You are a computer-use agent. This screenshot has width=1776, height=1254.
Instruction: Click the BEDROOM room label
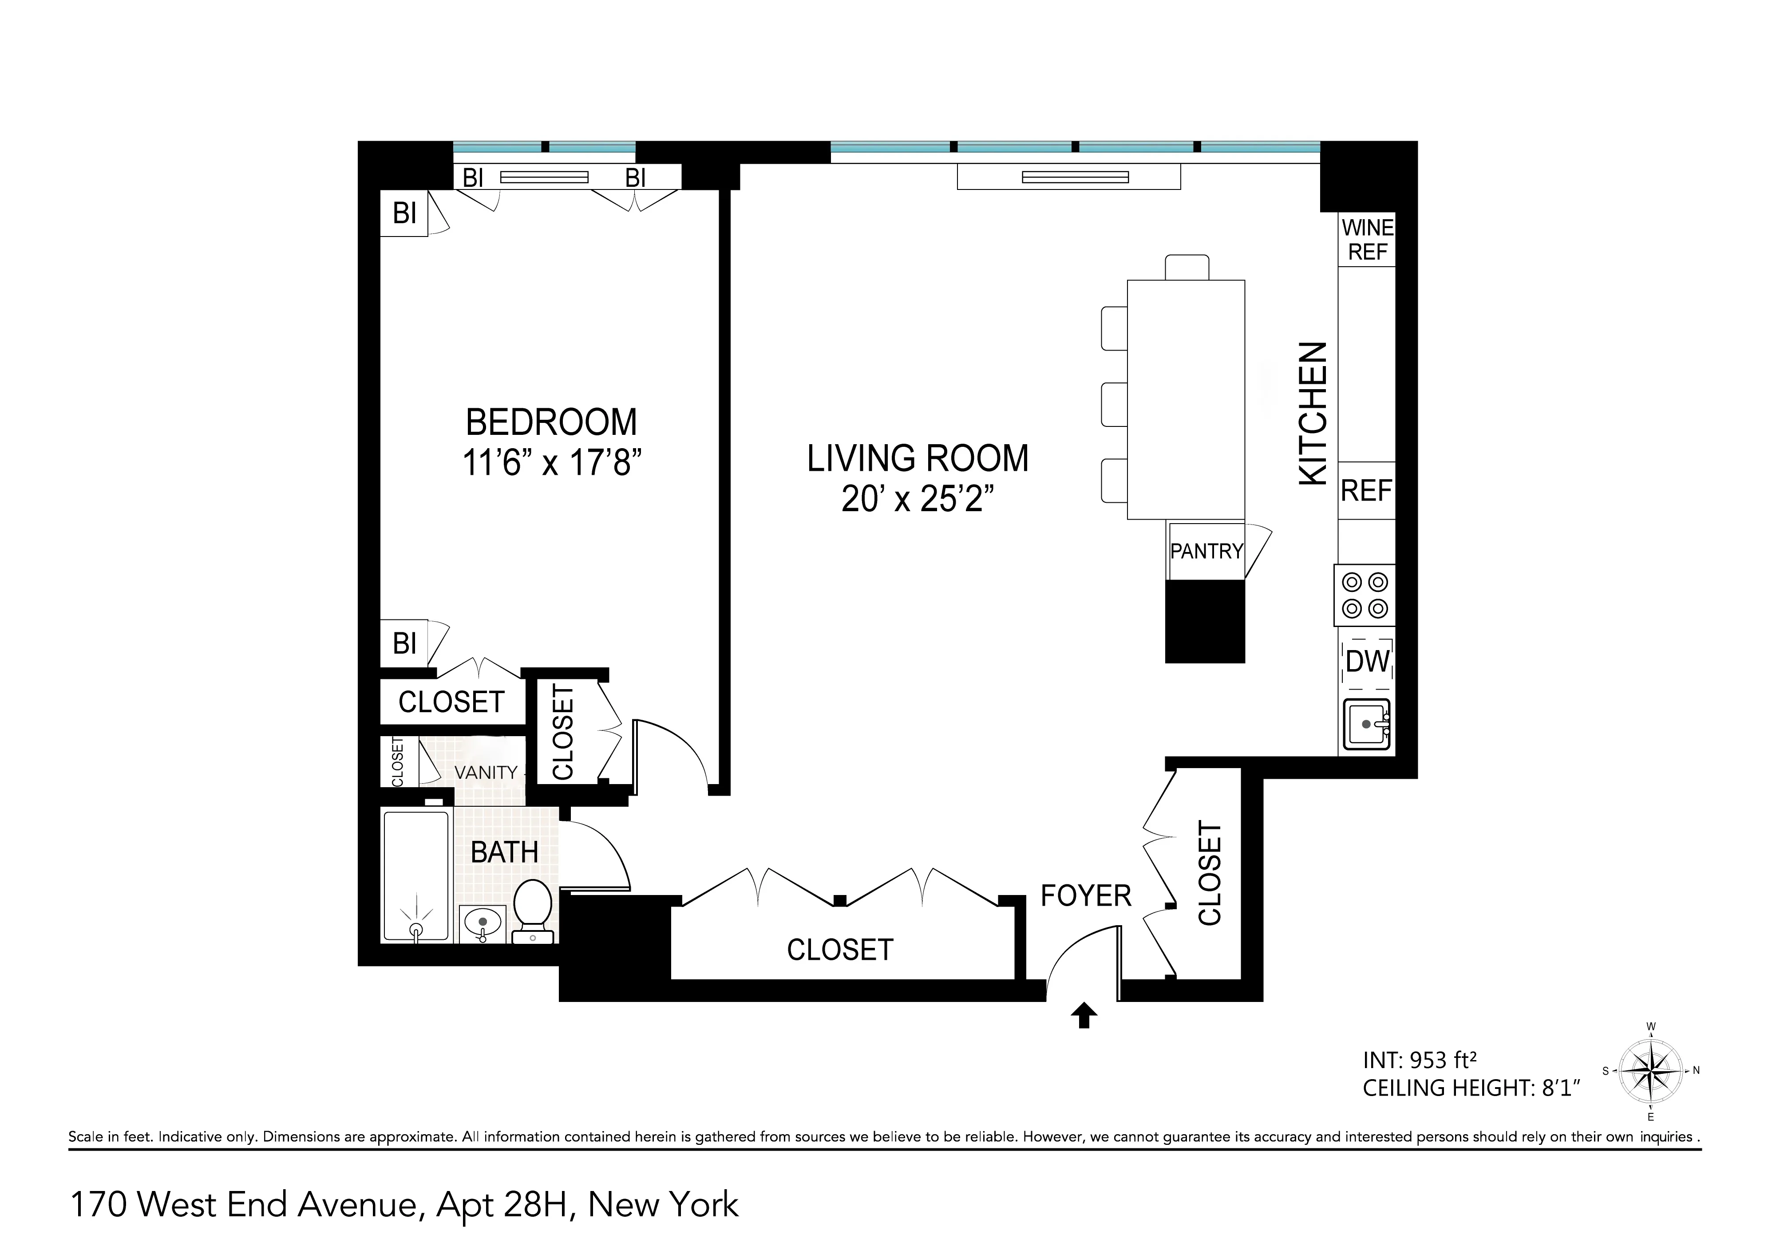click(x=551, y=422)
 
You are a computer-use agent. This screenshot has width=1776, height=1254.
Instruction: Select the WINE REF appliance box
click(x=1367, y=240)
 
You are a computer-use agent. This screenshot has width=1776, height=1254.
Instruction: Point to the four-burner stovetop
click(x=1365, y=595)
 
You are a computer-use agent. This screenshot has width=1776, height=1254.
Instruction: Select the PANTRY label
click(x=1206, y=551)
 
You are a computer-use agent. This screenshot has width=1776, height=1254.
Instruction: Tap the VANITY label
click(x=485, y=773)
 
